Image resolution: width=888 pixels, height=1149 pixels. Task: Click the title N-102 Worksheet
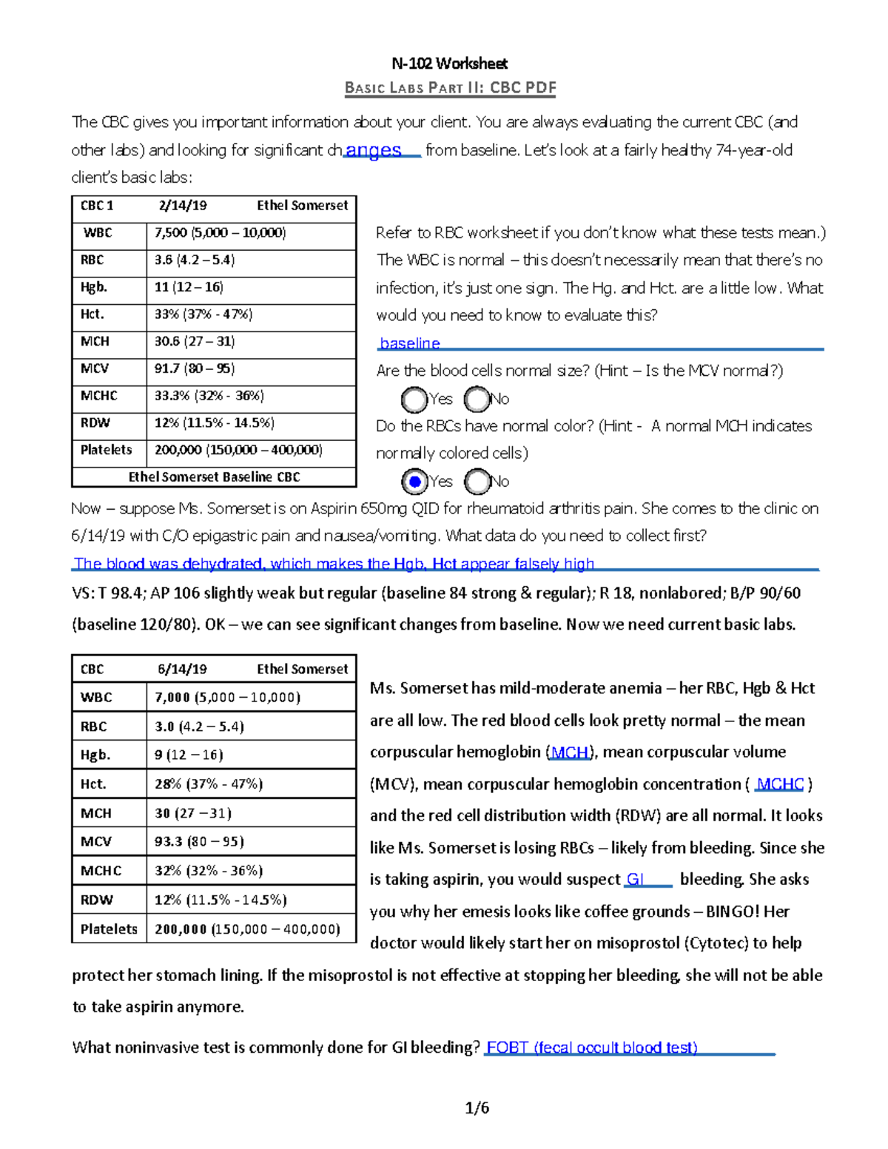coord(449,64)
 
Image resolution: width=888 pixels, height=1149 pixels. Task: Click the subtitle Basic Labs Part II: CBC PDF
coord(450,88)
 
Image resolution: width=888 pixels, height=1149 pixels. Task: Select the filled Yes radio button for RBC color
coord(414,482)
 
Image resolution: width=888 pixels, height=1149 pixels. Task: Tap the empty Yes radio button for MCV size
coord(414,400)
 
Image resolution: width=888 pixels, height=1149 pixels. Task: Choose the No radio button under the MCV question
coord(477,400)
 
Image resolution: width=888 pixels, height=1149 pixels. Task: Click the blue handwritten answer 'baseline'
coord(409,343)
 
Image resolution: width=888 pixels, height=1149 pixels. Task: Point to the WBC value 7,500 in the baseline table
coord(171,233)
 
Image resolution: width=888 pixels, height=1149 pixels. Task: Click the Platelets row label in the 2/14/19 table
coord(107,450)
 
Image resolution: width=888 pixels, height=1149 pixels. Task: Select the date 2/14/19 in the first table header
coord(183,206)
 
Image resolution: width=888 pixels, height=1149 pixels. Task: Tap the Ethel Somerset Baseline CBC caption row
coord(214,477)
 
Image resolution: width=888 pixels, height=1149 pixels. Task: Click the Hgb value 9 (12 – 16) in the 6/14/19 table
coord(189,755)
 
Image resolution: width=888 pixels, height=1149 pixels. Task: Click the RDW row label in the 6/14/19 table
coord(96,900)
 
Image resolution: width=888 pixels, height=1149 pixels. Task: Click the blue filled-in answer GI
coord(635,879)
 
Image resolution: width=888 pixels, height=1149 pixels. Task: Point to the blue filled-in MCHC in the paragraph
coord(780,784)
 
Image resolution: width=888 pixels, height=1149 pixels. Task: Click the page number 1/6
coord(477,1108)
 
